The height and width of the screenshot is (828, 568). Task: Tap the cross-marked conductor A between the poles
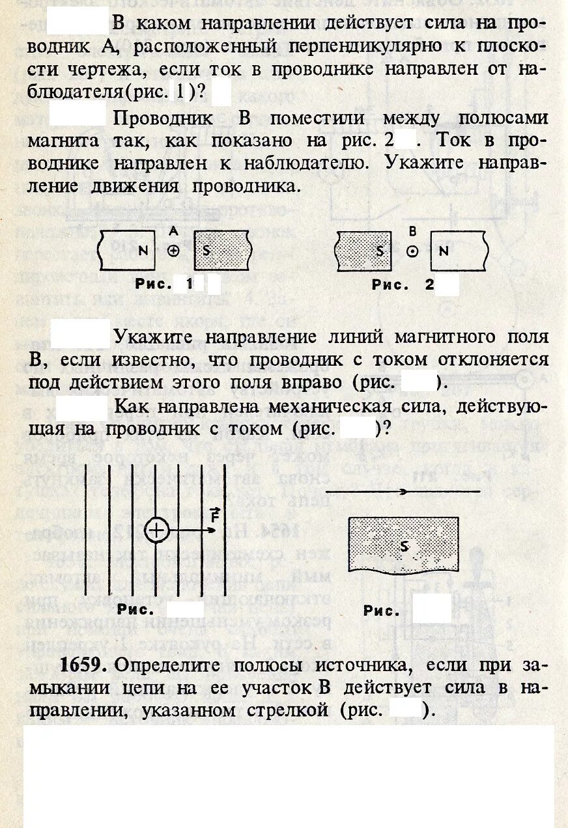click(173, 251)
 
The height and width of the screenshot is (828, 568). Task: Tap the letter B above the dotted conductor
click(412, 231)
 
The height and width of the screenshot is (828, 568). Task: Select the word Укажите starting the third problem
click(156, 337)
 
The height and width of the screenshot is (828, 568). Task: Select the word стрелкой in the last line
click(287, 710)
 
